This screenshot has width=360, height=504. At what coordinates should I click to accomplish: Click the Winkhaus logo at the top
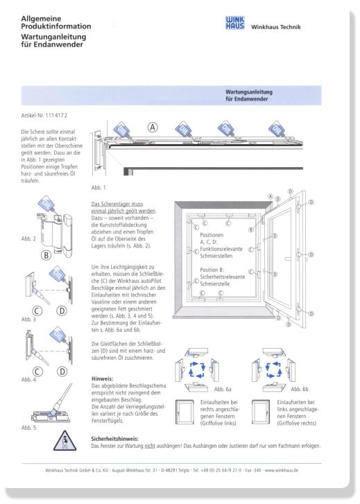point(234,23)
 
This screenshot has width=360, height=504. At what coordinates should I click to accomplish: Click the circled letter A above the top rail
point(153,128)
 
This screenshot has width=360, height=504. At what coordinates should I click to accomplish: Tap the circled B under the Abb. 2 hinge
point(46,256)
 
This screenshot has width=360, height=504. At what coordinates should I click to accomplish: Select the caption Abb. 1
point(98,187)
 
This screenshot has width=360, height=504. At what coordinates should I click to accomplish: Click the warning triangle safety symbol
point(65,441)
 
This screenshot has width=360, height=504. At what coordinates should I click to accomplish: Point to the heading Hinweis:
point(102,379)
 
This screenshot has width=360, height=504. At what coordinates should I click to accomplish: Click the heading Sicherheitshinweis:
point(114,439)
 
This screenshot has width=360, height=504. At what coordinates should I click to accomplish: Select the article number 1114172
point(56,115)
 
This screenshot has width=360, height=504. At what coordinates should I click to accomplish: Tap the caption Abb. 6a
point(223,389)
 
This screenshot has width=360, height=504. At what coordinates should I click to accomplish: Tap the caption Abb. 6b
point(300,389)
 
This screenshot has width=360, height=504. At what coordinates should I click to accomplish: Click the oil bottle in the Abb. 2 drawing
point(47,204)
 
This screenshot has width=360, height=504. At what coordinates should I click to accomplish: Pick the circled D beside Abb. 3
point(62,311)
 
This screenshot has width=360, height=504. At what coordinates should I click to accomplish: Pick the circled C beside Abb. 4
point(37,372)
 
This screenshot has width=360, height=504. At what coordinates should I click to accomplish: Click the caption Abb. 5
point(28,428)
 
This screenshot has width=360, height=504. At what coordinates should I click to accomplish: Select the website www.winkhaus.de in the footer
point(282,470)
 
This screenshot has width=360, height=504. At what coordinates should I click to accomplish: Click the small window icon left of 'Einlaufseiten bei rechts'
point(185,412)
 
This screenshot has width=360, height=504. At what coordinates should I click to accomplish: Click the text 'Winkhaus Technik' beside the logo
point(275,27)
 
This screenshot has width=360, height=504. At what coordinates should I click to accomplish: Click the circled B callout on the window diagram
point(251,229)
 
